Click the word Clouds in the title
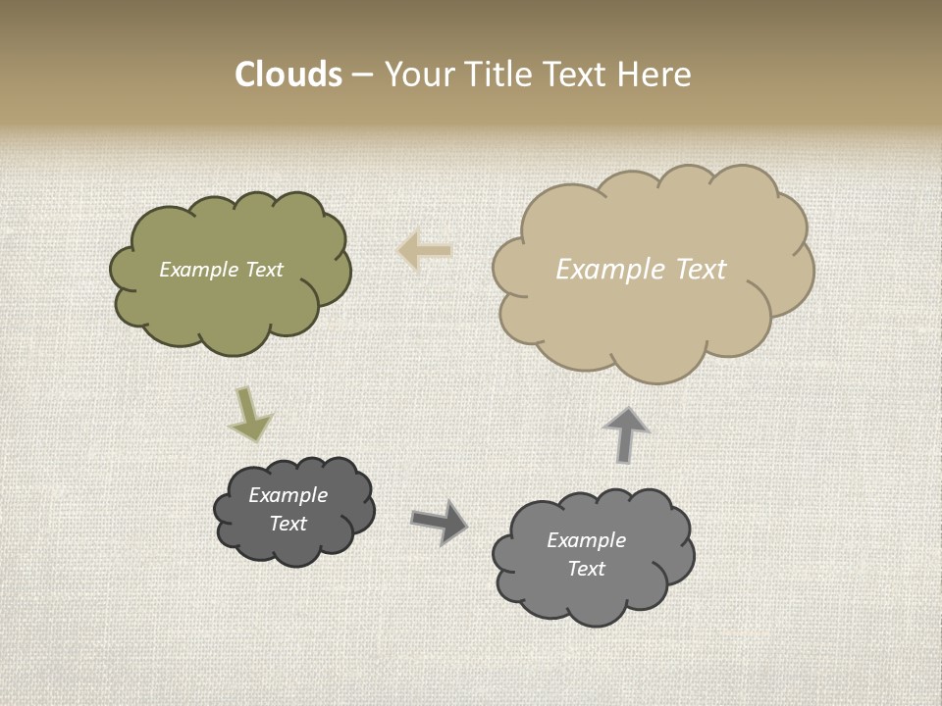click(x=288, y=75)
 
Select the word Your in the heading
click(x=417, y=75)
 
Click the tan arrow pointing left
click(x=425, y=251)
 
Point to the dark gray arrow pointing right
click(x=439, y=521)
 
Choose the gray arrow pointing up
click(x=625, y=433)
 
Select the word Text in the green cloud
click(x=263, y=270)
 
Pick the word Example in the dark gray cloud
click(x=288, y=495)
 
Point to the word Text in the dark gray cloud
click(x=288, y=524)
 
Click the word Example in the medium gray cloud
click(x=586, y=540)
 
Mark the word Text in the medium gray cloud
click(x=586, y=569)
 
